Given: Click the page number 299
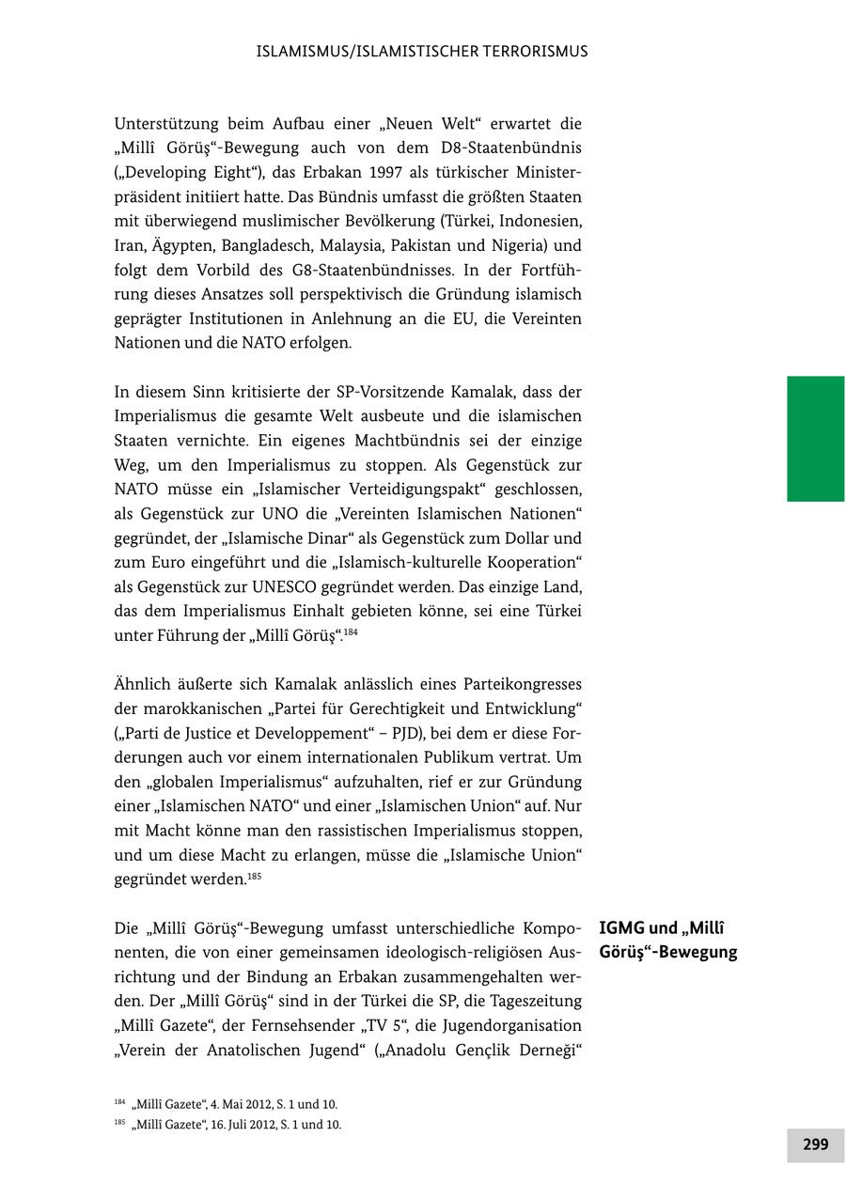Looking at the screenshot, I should [x=815, y=1144].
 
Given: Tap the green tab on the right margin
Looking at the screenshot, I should [x=815, y=438].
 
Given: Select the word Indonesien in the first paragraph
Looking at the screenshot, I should [x=540, y=221].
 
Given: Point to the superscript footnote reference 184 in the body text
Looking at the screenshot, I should [x=350, y=632].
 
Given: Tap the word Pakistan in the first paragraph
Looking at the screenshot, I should [x=425, y=245].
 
